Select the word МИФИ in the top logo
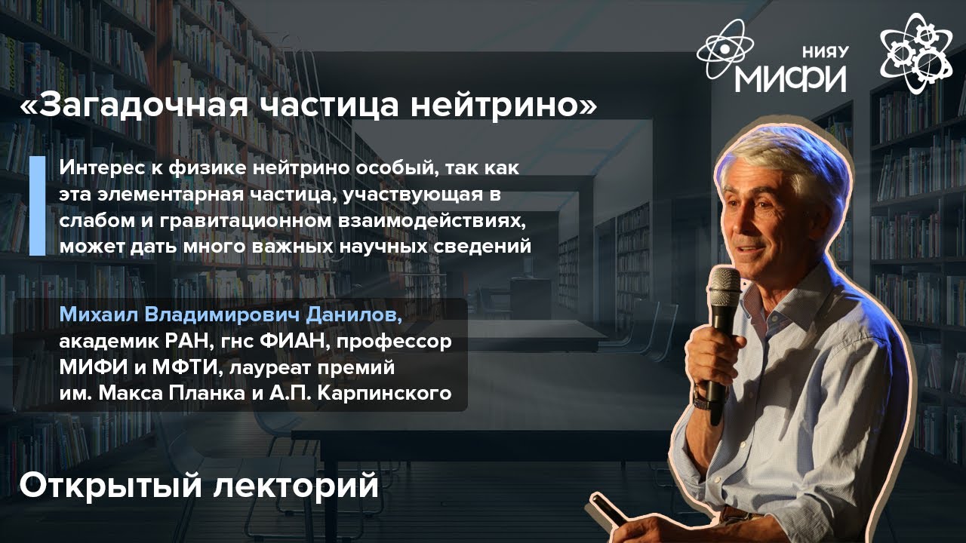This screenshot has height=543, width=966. [x=790, y=76]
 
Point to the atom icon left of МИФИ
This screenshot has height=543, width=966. [x=725, y=51]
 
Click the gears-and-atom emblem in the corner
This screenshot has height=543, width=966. [x=915, y=51]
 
